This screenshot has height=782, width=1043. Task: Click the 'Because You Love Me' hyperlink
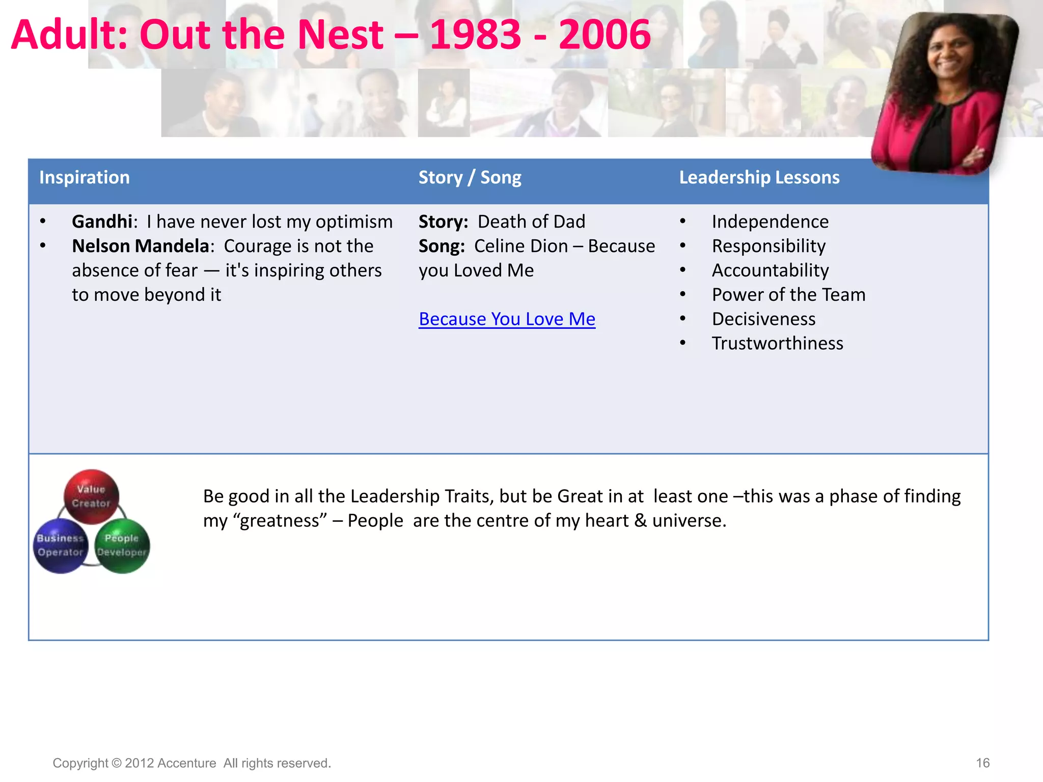507,319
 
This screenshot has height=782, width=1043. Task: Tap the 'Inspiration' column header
85,178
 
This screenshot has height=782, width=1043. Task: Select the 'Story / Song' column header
470,178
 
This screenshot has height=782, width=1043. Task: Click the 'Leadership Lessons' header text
759,178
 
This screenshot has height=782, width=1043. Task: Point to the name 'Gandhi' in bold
102,222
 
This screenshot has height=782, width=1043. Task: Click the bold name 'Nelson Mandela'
141,246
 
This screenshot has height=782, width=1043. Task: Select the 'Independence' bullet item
770,222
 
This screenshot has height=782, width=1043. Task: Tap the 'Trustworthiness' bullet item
777,344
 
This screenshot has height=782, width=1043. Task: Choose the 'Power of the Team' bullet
788,295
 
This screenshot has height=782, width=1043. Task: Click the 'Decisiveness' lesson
763,319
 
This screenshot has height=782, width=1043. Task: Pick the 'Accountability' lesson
770,270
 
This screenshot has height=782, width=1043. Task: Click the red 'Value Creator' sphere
91,496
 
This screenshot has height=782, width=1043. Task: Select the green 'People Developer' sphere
122,545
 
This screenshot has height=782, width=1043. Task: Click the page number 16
982,763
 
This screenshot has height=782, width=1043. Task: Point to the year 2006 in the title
605,35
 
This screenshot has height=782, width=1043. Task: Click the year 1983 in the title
475,35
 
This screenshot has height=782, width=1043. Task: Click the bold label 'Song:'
442,246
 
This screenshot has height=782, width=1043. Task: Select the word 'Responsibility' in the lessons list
768,246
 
